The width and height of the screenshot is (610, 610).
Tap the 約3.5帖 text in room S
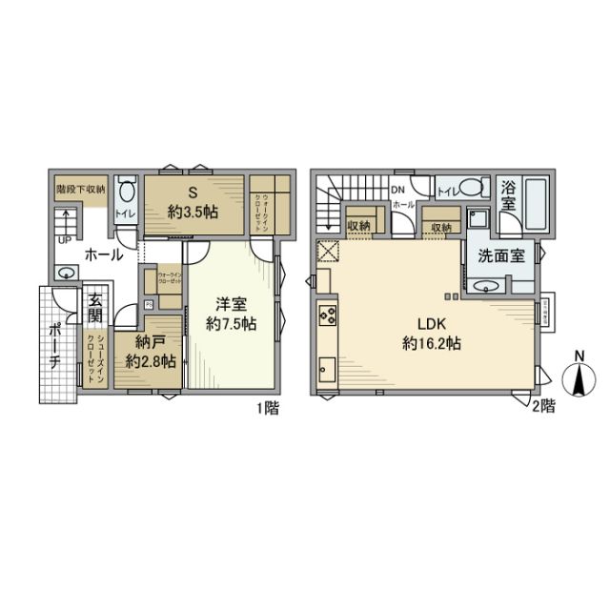coord(193,212)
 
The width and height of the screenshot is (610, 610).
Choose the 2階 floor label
coord(543,407)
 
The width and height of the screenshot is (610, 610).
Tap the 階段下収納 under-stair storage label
coord(80,190)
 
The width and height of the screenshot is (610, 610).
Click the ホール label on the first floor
coord(102,254)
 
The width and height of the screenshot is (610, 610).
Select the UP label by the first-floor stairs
coord(64,241)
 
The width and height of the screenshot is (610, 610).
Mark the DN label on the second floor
coord(397,190)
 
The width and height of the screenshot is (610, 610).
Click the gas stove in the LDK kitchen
coord(328,315)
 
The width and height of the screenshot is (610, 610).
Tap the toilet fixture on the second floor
coord(468,189)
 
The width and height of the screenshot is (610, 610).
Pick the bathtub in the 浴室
coord(535,204)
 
